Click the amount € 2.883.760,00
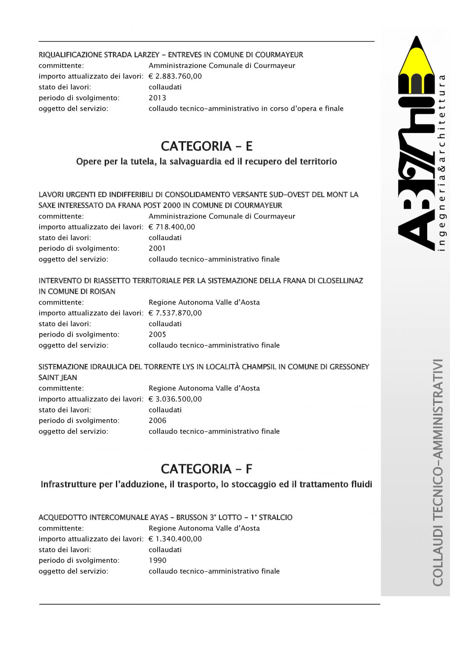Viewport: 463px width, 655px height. coord(175,76)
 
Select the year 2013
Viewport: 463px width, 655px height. coord(157,98)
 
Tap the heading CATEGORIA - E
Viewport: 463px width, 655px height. coord(207,146)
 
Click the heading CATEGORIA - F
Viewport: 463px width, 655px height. coord(207,469)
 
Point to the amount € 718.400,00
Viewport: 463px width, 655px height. coord(172,227)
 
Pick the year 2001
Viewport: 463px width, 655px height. coord(157,249)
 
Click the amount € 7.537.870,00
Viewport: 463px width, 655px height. coord(175,313)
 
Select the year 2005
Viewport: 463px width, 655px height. coord(157,335)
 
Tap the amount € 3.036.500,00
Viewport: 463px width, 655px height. coord(175,399)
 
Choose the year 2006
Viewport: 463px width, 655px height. coord(157,421)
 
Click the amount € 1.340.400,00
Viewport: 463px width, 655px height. coord(175,539)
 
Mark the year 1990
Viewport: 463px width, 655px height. coord(157,560)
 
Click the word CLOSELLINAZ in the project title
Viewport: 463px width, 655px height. coord(340,281)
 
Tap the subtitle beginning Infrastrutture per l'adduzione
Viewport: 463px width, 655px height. coord(206,484)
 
